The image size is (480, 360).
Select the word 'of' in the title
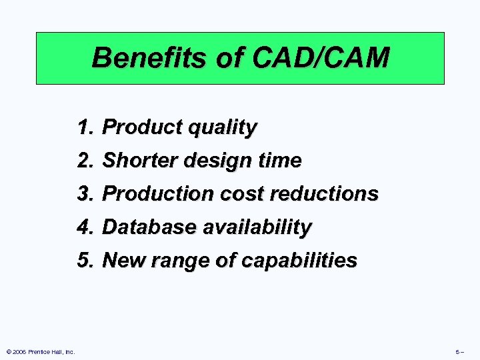coord(227,59)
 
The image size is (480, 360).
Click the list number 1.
coord(84,127)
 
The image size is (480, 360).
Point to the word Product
coord(139,127)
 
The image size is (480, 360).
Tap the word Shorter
coord(137,160)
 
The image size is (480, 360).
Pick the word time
coord(279,160)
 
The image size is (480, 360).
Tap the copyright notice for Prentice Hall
coord(40,351)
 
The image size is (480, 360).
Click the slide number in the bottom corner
coord(459,351)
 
